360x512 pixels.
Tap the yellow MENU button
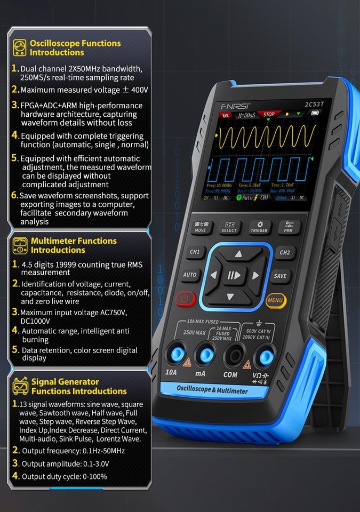(276, 300)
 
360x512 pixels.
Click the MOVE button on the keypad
(201, 227)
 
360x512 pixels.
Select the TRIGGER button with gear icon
(260, 227)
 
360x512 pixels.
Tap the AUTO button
(190, 275)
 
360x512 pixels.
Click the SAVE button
(280, 276)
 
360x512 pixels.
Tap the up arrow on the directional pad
(238, 254)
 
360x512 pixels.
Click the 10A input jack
(174, 353)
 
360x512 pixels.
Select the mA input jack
(203, 354)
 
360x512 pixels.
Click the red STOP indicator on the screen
(269, 115)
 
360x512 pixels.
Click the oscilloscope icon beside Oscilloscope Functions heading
(19, 47)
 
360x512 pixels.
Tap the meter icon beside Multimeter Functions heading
(20, 245)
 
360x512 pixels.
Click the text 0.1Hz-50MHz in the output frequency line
(95, 451)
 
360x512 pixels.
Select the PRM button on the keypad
(289, 227)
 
